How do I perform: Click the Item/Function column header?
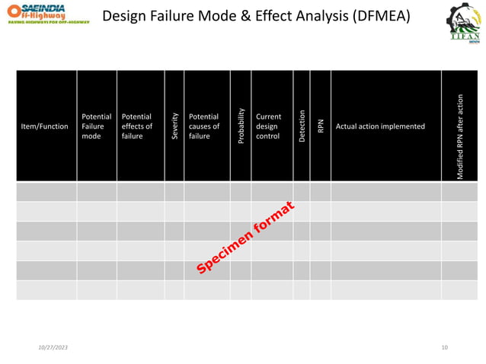(x=44, y=126)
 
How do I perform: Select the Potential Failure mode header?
(x=96, y=126)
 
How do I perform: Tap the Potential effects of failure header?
(x=137, y=126)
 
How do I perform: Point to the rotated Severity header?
(x=174, y=126)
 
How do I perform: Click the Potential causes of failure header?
(x=203, y=126)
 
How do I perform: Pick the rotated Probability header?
(x=241, y=126)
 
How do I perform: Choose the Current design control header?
(x=268, y=126)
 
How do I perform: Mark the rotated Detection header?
(x=302, y=126)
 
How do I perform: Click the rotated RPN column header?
(x=321, y=126)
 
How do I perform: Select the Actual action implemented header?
(x=380, y=126)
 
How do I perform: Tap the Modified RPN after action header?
(x=460, y=137)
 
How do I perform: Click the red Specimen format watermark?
(x=245, y=238)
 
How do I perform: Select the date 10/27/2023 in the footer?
(x=53, y=346)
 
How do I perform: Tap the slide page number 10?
(x=445, y=346)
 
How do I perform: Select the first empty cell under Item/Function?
(x=46, y=191)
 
